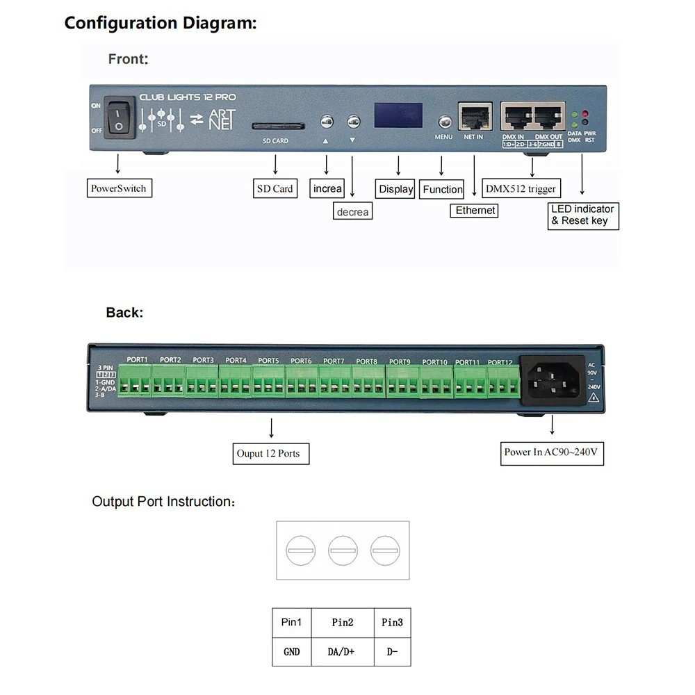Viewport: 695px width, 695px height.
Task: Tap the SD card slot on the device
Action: pos(277,126)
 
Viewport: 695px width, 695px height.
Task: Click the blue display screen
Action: pos(398,115)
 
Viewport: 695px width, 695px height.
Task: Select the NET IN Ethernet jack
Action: pos(475,116)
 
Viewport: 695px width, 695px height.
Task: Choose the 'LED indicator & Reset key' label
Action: pos(582,215)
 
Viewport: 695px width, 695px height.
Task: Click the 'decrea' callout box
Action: pos(352,211)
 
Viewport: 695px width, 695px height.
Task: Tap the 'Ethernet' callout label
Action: pos(475,210)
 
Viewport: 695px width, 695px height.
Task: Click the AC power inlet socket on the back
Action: pos(554,381)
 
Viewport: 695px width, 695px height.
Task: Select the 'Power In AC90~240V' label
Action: pos(553,452)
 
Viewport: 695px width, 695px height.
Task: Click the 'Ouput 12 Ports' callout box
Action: pos(270,453)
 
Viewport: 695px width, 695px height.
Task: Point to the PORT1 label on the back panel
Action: pos(138,359)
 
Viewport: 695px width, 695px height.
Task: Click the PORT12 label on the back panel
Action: pos(500,362)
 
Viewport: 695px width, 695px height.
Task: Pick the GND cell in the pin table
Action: pos(292,651)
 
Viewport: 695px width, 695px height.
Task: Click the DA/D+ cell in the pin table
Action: pos(342,651)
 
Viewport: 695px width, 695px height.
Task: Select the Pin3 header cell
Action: pos(392,623)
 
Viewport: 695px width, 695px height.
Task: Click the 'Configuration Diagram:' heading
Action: pos(161,23)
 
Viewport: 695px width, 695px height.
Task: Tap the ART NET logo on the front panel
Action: pos(222,119)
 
